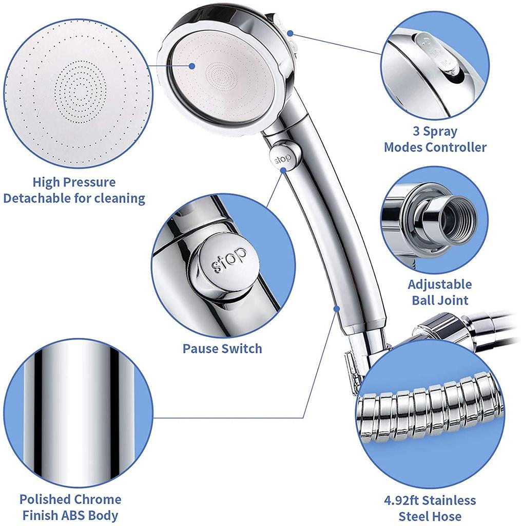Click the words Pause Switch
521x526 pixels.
[222, 349]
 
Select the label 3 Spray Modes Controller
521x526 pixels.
[435, 139]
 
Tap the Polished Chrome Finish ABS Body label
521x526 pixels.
[69, 507]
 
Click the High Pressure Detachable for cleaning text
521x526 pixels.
[74, 190]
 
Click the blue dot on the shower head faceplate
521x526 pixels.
[191, 66]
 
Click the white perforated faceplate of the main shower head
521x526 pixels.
[221, 82]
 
